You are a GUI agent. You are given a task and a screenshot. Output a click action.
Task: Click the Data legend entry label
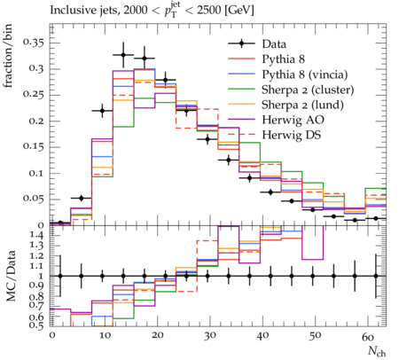pyautogui.click(x=274, y=44)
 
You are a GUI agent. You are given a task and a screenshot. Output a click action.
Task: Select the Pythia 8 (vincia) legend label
pyautogui.click(x=305, y=74)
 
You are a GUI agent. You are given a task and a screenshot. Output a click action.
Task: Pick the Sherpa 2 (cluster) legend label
pyautogui.click(x=308, y=90)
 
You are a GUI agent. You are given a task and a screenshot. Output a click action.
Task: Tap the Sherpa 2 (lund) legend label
pyautogui.click(x=302, y=105)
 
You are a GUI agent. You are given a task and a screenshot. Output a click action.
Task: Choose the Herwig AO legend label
pyautogui.click(x=293, y=120)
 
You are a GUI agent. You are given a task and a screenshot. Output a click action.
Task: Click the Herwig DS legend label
pyautogui.click(x=292, y=135)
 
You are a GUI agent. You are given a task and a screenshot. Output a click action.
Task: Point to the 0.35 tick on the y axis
pyautogui.click(x=34, y=43)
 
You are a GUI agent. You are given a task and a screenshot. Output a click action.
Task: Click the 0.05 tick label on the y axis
pyautogui.click(x=34, y=199)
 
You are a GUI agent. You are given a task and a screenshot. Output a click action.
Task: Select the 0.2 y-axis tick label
pyautogui.click(x=36, y=121)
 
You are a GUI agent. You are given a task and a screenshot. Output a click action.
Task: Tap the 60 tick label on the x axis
pyautogui.click(x=368, y=336)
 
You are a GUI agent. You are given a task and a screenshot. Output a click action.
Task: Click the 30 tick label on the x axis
pyautogui.click(x=210, y=336)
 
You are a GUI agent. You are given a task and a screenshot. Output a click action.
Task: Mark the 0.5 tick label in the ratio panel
pyautogui.click(x=37, y=325)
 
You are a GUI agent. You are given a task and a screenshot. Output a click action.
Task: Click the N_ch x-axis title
pyautogui.click(x=377, y=352)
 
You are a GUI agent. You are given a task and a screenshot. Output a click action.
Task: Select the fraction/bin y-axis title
pyautogui.click(x=8, y=56)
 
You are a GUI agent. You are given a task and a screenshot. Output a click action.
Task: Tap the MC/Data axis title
pyautogui.click(x=11, y=276)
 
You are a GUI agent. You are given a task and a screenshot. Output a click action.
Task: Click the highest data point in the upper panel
pyautogui.click(x=123, y=55)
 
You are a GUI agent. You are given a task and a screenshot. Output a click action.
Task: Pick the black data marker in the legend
pyautogui.click(x=241, y=43)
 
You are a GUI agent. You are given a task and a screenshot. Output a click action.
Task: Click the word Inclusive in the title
pyautogui.click(x=69, y=11)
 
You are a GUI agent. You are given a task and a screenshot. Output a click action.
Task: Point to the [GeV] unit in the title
pyautogui.click(x=239, y=11)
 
